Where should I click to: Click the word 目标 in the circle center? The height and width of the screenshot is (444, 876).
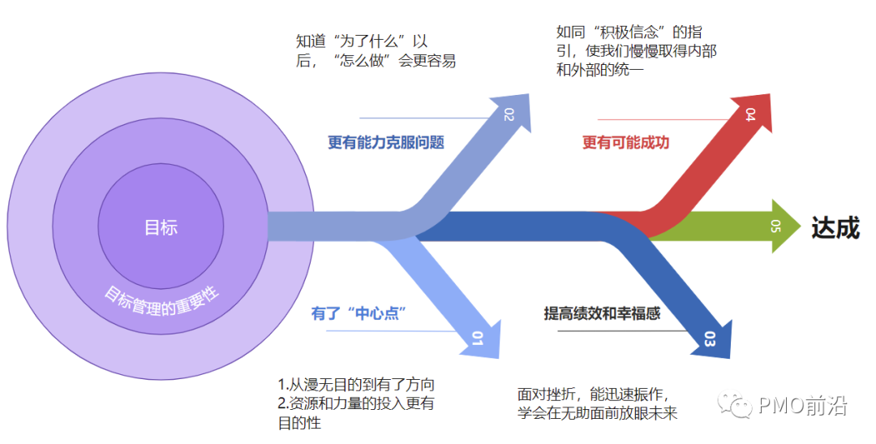(161, 228)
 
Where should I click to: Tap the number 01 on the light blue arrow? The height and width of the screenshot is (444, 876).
(478, 340)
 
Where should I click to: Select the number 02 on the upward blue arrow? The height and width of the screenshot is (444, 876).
(509, 114)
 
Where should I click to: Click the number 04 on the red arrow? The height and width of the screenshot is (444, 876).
(750, 114)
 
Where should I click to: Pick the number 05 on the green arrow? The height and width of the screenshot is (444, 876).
(774, 226)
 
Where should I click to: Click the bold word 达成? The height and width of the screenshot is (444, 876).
(835, 228)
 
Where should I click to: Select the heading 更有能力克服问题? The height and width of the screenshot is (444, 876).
(386, 143)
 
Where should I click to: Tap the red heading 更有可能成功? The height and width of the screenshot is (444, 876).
(625, 143)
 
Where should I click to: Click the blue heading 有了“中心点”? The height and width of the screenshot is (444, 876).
(359, 313)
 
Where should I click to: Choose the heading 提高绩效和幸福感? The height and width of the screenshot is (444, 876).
(602, 313)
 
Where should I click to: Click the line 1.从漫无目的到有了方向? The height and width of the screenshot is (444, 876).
(362, 385)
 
